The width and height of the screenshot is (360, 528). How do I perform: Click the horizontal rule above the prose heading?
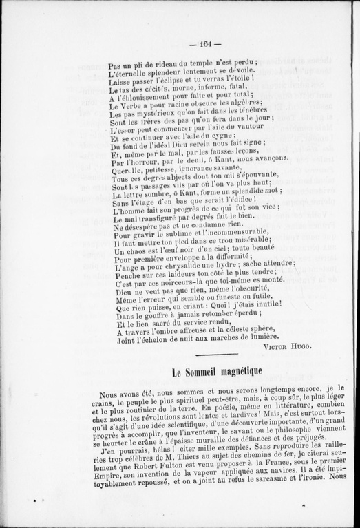(216, 355)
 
